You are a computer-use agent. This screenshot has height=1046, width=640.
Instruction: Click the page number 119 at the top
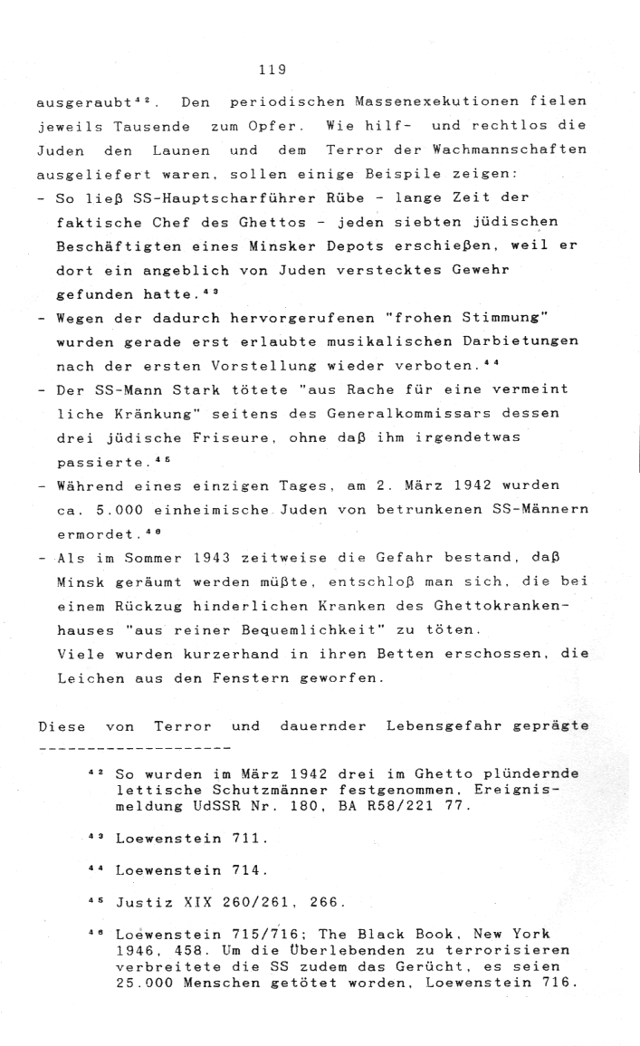tap(271, 68)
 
